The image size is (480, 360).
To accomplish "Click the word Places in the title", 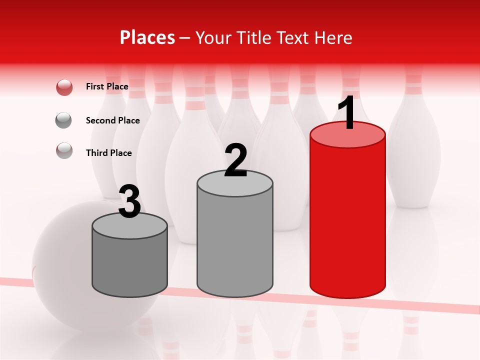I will (x=147, y=37).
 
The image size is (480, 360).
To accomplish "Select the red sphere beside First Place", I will (x=64, y=87).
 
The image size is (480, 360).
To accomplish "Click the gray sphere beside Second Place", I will (x=64, y=120).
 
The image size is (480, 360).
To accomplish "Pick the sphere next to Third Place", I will (x=64, y=150).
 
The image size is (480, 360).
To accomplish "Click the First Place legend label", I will (x=107, y=86).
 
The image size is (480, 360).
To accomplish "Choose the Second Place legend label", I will (x=112, y=120).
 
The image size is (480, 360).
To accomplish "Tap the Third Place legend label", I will (x=108, y=153).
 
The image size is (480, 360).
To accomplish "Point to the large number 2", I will (x=235, y=160).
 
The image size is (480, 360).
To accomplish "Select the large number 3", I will (x=129, y=202).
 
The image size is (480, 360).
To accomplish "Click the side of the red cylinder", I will (x=347, y=220).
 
